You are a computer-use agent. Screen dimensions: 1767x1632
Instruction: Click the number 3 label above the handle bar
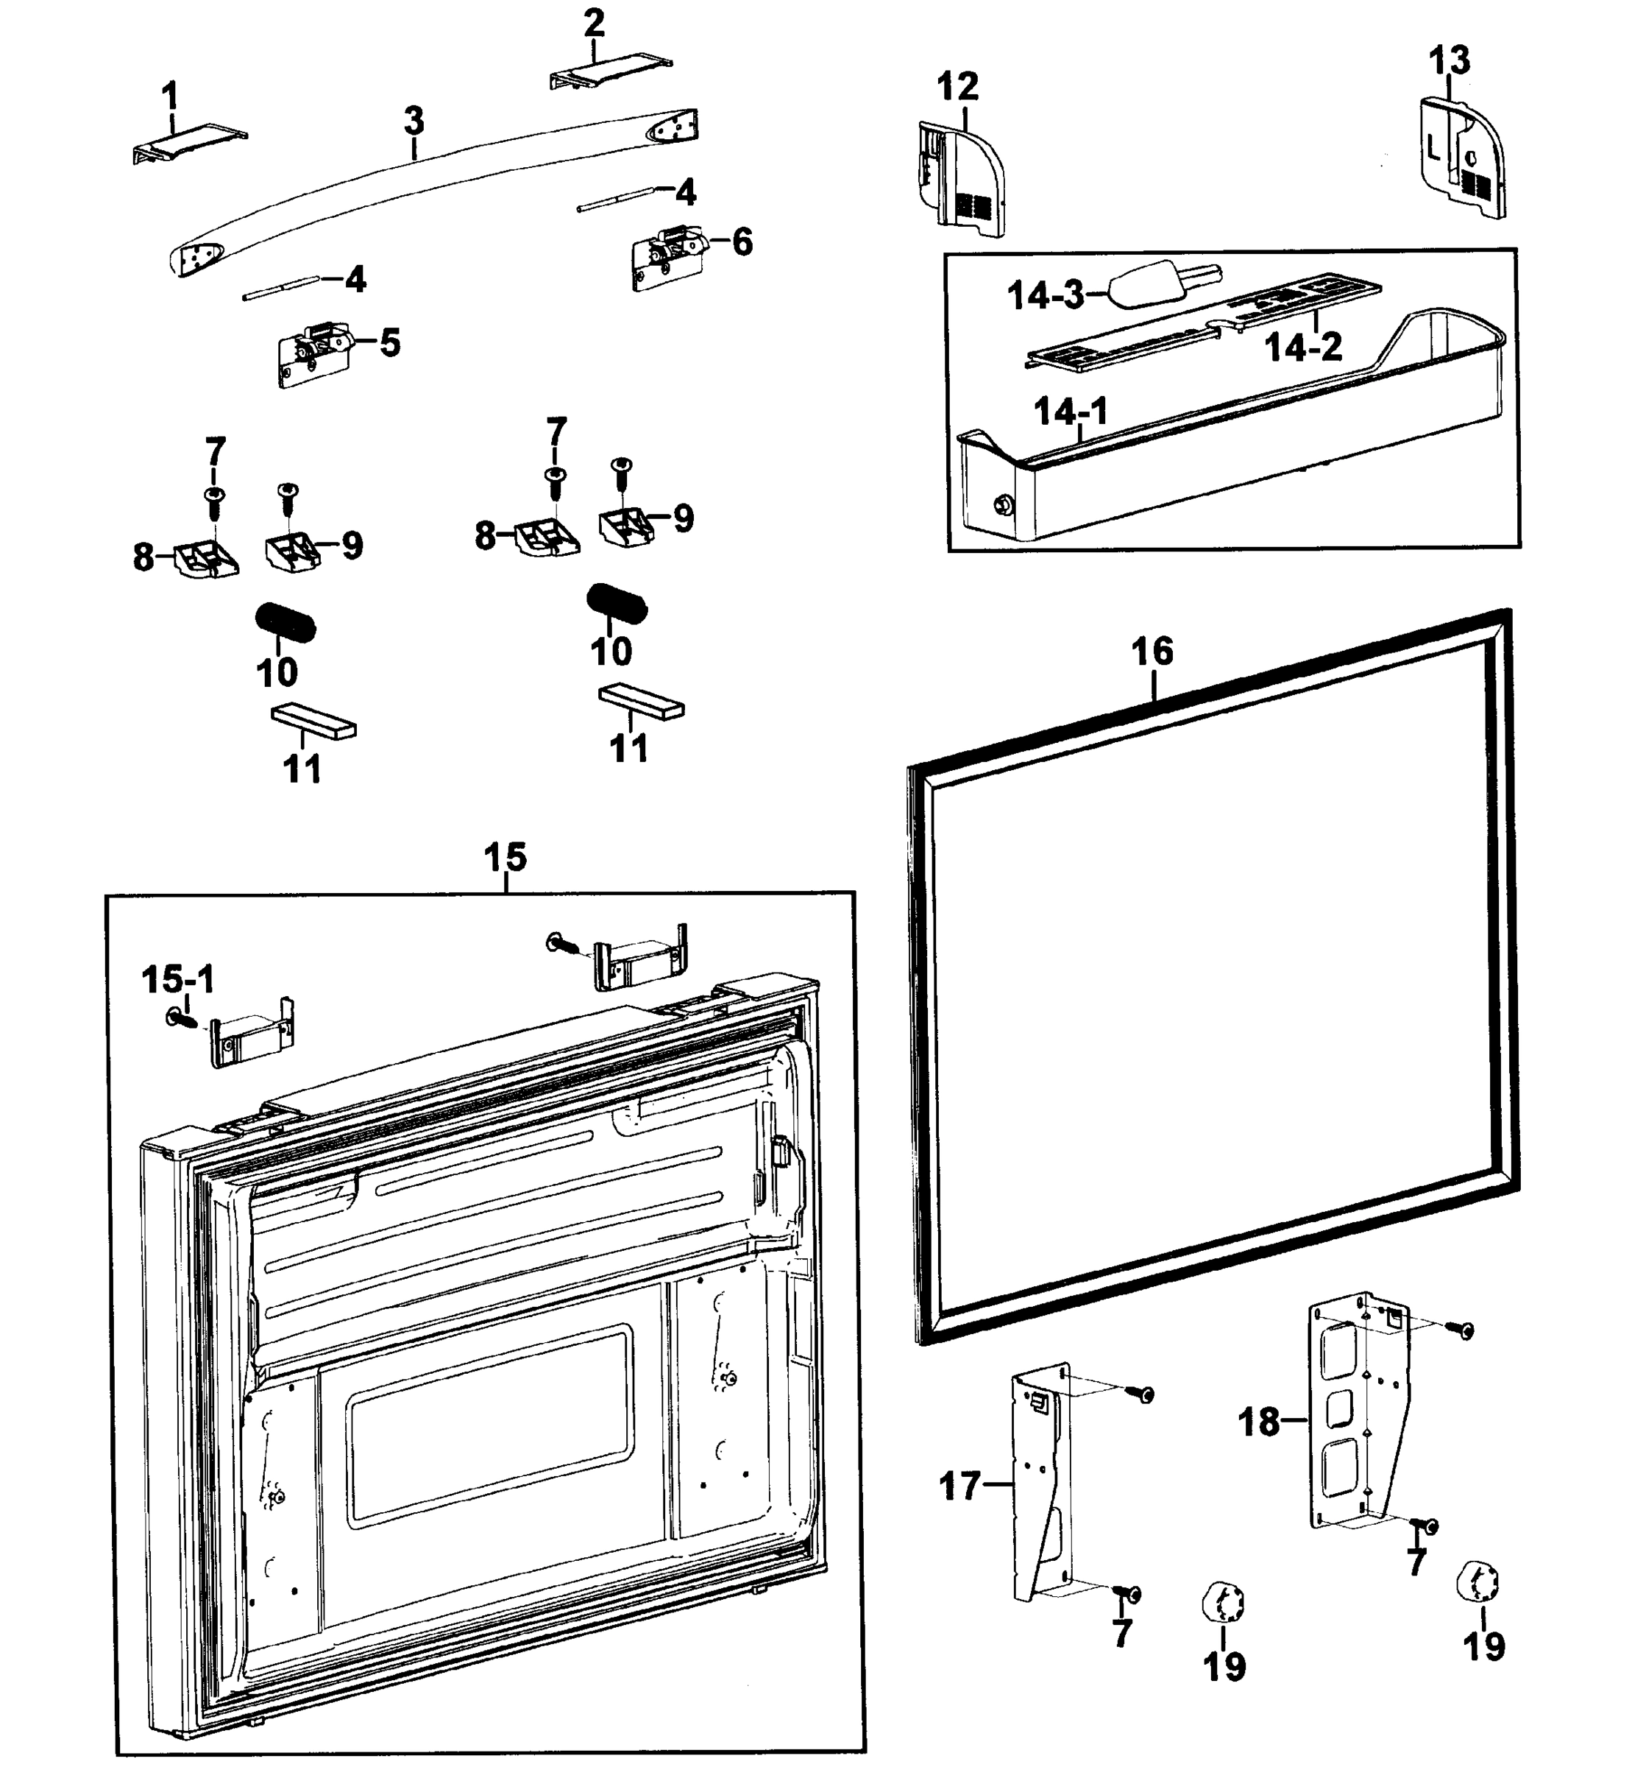click(x=414, y=120)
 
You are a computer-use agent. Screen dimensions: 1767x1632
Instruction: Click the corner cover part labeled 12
click(x=961, y=180)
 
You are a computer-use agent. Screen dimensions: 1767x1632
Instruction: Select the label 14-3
click(x=1046, y=295)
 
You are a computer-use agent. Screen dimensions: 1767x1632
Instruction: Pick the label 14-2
click(x=1304, y=348)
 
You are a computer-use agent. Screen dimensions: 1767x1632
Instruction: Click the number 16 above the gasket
click(x=1152, y=652)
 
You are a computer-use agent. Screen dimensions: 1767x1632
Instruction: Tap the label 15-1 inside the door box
click(x=177, y=979)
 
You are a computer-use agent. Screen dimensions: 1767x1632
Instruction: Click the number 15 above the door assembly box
click(x=505, y=857)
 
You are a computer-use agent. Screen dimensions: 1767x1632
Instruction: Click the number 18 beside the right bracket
click(x=1258, y=1422)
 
